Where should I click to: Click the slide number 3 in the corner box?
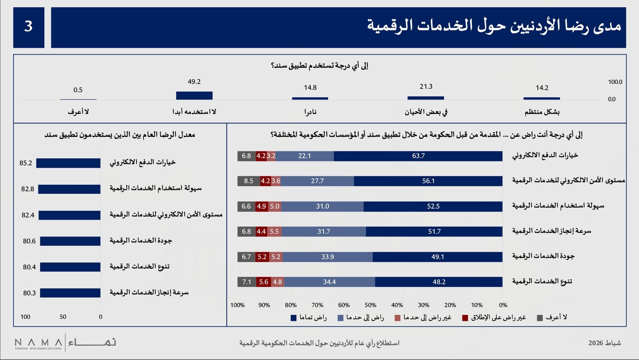click(28, 26)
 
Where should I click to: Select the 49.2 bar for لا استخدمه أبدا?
click(194, 95)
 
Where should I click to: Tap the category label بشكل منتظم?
click(542, 112)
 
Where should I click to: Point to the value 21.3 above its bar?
click(426, 87)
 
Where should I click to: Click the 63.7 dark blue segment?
click(418, 156)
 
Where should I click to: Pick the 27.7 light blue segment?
click(317, 181)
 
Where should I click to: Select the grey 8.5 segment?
click(248, 181)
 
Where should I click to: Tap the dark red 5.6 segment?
click(264, 282)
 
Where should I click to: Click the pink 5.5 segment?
click(274, 231)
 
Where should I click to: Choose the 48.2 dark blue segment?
click(439, 282)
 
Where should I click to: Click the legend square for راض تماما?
click(294, 318)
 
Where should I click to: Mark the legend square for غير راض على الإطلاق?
click(465, 318)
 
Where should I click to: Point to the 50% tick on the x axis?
click(370, 305)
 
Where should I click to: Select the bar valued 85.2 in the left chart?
click(68, 163)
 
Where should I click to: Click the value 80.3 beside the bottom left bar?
click(29, 293)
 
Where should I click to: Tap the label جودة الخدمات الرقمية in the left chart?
click(141, 241)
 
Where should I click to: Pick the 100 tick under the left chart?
click(25, 317)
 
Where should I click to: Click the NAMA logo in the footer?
click(65, 343)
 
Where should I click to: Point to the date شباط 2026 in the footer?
click(604, 343)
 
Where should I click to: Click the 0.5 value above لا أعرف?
click(78, 90)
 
